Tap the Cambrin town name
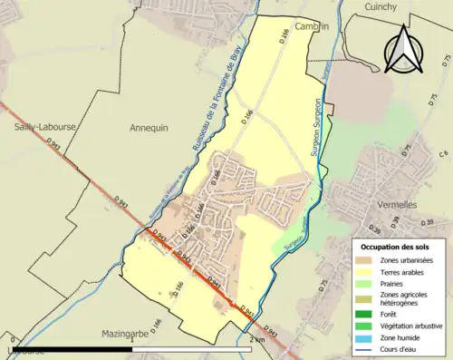coord(311,26)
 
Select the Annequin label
coord(149,128)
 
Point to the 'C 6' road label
coord(444,155)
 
